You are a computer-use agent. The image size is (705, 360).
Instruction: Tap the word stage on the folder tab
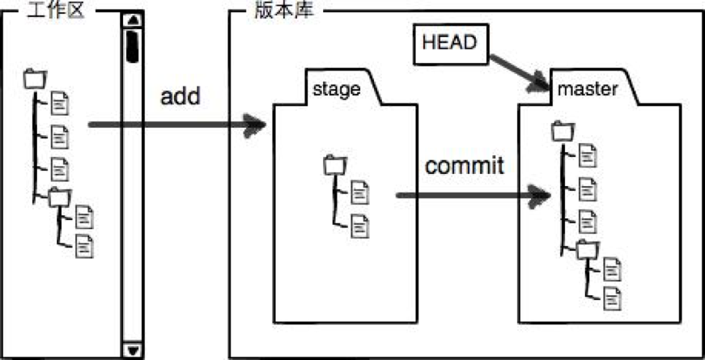(x=337, y=89)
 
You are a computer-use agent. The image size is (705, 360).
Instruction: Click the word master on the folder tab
(x=588, y=89)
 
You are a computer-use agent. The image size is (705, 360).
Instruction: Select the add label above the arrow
(x=180, y=96)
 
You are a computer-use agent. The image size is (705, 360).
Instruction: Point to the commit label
(x=465, y=167)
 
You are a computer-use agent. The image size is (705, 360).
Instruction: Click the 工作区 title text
(x=56, y=11)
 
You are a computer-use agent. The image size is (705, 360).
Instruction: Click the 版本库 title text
(x=283, y=11)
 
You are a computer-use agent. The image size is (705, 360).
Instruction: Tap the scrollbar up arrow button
(x=133, y=19)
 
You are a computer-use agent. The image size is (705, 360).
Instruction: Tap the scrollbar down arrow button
(x=133, y=349)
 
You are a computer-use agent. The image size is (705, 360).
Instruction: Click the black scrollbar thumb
(x=133, y=46)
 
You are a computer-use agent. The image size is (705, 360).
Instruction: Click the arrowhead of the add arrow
(x=254, y=125)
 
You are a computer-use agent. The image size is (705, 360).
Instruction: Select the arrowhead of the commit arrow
(x=539, y=196)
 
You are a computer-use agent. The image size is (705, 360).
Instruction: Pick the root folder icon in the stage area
(x=335, y=164)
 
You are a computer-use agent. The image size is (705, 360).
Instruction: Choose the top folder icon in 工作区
(x=35, y=78)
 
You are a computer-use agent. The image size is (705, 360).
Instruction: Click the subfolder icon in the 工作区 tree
(x=60, y=197)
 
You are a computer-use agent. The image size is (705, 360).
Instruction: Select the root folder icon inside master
(x=563, y=130)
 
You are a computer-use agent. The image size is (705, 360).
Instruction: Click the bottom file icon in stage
(x=360, y=226)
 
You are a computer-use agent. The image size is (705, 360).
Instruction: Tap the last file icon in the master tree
(x=612, y=298)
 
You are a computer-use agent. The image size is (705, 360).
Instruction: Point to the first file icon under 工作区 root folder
(x=60, y=103)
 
